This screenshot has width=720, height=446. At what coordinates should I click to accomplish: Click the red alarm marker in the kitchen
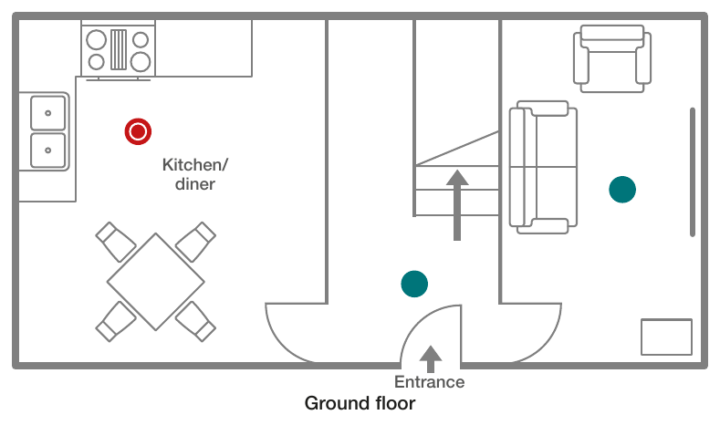tap(138, 131)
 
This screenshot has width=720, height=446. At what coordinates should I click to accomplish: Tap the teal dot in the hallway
tap(414, 284)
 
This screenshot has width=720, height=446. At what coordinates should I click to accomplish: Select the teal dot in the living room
tap(622, 189)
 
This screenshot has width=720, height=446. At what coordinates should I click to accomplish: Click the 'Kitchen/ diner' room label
tap(195, 174)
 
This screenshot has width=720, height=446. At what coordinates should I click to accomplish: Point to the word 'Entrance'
tap(429, 382)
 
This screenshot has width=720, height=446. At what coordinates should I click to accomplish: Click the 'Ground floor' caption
tap(360, 403)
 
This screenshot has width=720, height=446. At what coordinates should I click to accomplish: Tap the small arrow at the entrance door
tap(430, 358)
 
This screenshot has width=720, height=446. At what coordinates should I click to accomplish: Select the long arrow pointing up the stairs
tap(457, 205)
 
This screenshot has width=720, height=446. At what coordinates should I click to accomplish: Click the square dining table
tap(156, 282)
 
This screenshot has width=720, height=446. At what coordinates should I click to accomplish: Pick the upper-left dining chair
tap(116, 242)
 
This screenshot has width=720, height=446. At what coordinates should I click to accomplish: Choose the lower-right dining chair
tap(195, 321)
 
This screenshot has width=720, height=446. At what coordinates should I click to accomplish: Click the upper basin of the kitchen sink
tap(47, 113)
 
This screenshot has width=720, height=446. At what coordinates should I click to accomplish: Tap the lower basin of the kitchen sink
tap(47, 150)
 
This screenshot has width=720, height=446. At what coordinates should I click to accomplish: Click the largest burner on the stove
tap(141, 62)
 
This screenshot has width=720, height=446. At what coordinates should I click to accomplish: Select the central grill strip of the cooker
tap(119, 49)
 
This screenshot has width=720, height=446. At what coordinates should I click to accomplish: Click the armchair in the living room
tap(612, 58)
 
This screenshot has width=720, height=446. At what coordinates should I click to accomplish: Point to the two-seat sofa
tap(543, 167)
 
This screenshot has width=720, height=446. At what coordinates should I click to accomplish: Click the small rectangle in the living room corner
tap(666, 337)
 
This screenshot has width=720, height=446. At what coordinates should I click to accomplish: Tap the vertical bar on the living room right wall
tap(693, 172)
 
